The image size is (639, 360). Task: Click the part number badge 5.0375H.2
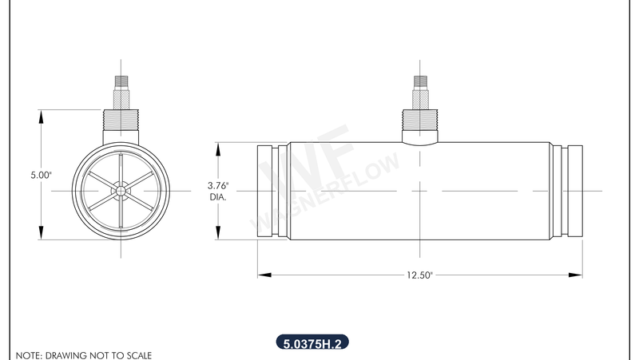tap(312, 344)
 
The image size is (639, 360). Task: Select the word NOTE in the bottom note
tap(28, 354)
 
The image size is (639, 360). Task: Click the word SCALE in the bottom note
tap(137, 354)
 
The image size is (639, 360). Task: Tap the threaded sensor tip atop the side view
tap(420, 81)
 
